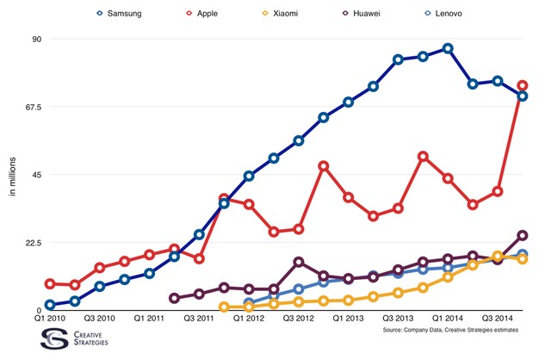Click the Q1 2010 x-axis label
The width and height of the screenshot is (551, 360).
click(50, 320)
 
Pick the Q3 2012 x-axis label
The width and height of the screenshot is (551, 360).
click(298, 320)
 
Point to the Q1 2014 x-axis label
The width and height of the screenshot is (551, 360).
click(448, 320)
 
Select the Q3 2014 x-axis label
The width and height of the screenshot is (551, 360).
click(498, 320)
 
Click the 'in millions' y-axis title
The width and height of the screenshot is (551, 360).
click(12, 175)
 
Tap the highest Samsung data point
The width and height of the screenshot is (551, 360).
click(448, 48)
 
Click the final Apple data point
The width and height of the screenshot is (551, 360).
click(522, 85)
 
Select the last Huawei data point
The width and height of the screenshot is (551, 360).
click(522, 235)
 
